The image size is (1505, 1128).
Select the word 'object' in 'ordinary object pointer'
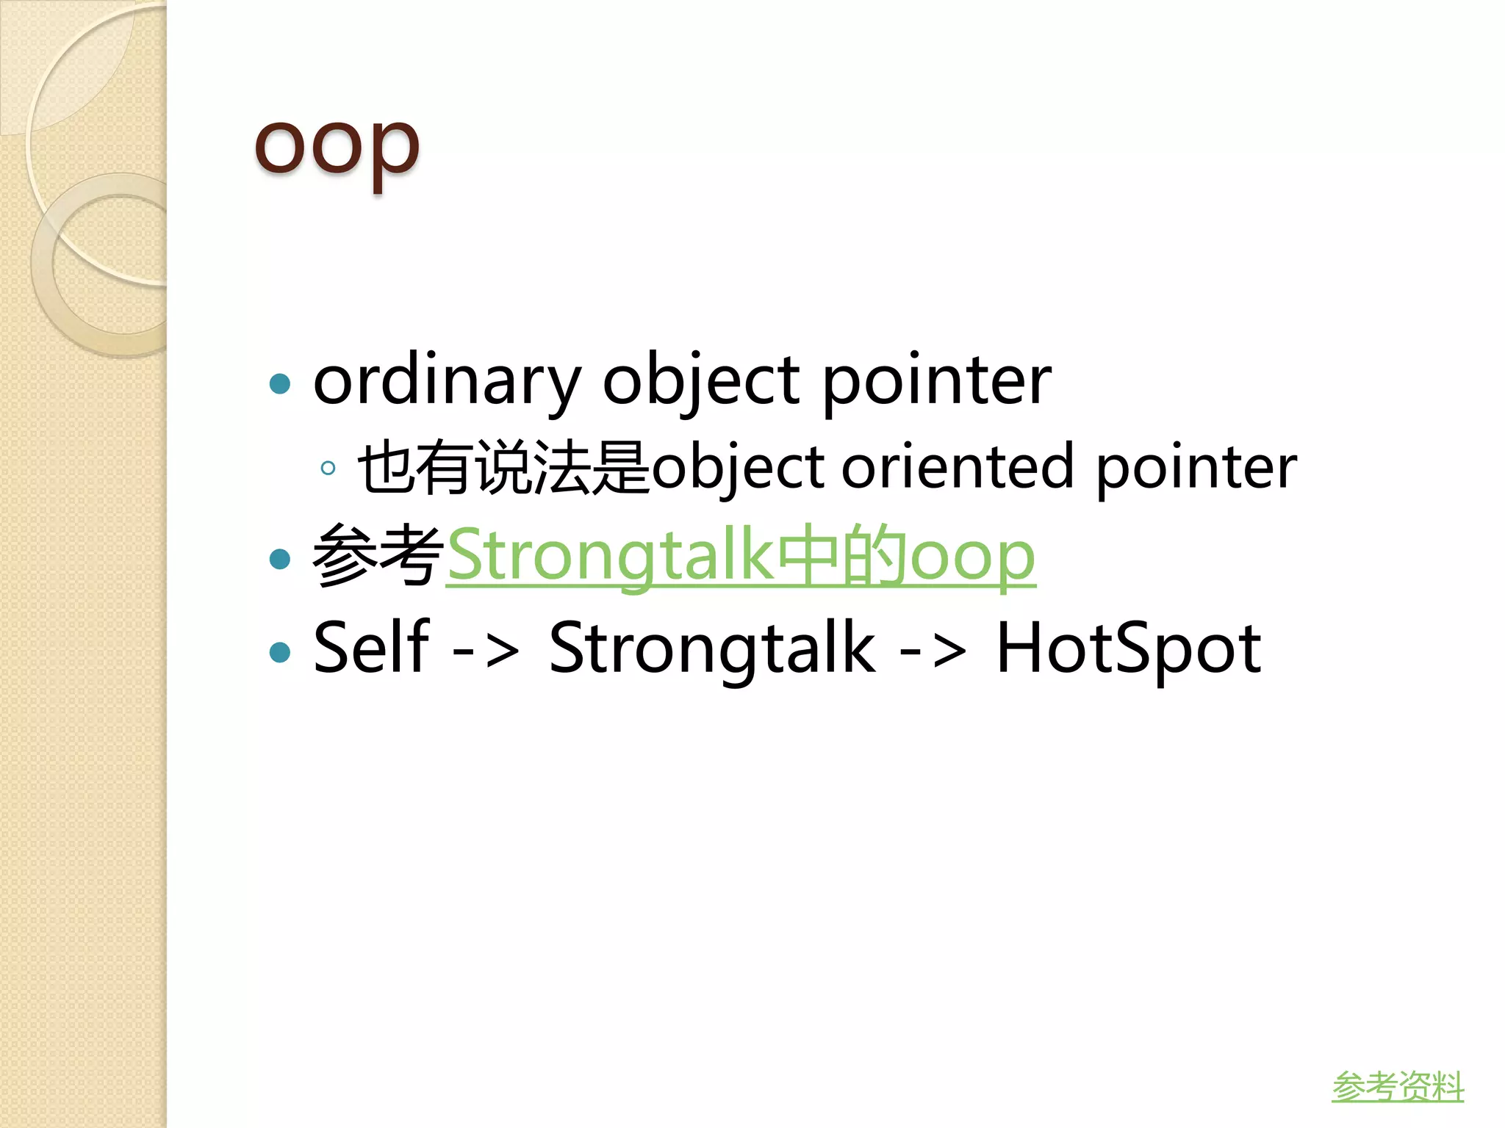700,382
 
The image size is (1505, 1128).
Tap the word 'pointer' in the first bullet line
935,382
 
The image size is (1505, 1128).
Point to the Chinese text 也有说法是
503,468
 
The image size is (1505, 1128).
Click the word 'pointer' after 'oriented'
1196,468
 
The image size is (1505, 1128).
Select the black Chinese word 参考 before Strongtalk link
378,556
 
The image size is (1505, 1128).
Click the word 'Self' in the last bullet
370,648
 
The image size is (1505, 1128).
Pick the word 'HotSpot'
1128,648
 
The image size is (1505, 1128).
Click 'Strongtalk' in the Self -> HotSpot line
711,648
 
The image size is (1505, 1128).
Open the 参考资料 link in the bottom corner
1397,1087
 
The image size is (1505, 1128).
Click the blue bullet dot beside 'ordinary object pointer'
280,383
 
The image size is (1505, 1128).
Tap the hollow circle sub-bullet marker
328,468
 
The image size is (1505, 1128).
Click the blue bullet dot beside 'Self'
280,651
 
